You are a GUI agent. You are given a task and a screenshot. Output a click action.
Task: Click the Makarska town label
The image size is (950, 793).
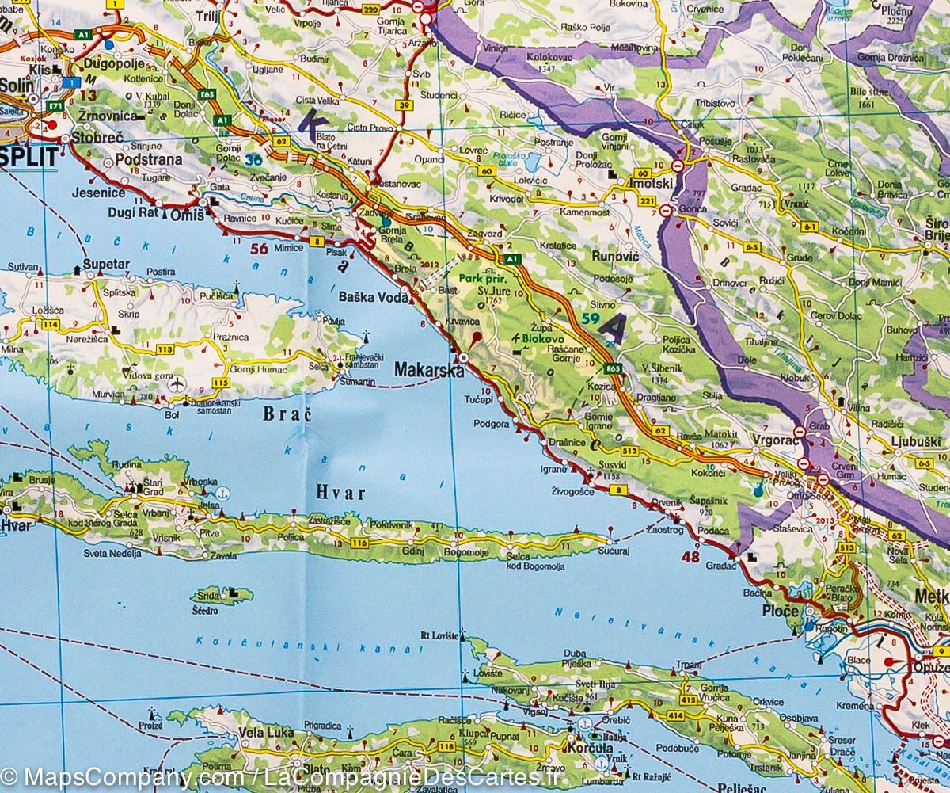coord(427,369)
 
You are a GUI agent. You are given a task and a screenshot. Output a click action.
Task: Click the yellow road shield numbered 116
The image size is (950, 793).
coord(360,543)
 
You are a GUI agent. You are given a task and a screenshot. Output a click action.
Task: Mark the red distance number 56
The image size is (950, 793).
coord(258,248)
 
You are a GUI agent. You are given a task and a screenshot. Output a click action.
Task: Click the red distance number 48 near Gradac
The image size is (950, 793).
coord(690,557)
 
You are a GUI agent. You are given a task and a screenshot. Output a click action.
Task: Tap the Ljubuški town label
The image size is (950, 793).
coord(914,440)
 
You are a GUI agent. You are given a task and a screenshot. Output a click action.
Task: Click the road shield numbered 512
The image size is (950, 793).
coord(630,451)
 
